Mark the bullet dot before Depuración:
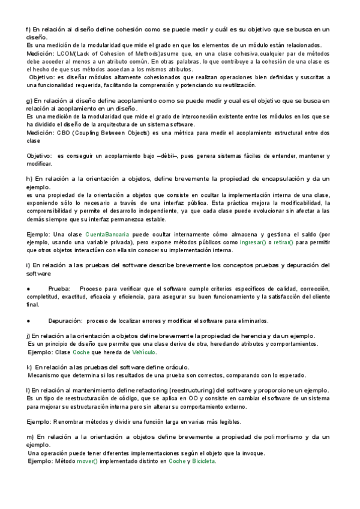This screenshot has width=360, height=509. coord(29,321)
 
